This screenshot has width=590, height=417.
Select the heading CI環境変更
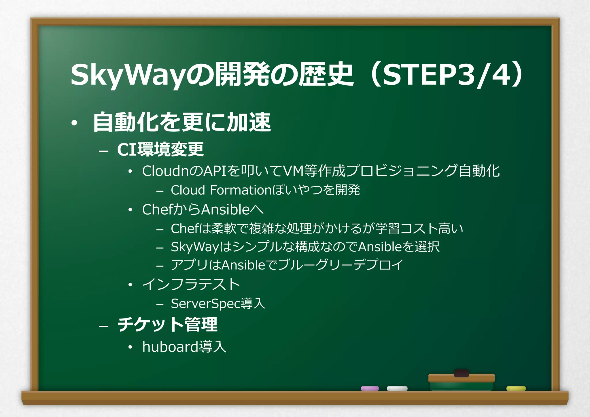pyautogui.click(x=160, y=149)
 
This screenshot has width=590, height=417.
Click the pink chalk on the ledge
pyautogui.click(x=370, y=388)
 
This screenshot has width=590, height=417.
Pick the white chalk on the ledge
pyautogui.click(x=397, y=388)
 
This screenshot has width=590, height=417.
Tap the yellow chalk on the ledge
pyautogui.click(x=516, y=388)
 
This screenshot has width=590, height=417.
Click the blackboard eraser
pyautogui.click(x=461, y=380)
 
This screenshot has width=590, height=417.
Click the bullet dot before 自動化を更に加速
pyautogui.click(x=74, y=123)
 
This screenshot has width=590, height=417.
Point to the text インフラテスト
pyautogui.click(x=191, y=284)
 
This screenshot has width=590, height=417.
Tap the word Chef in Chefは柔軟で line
pyautogui.click(x=184, y=229)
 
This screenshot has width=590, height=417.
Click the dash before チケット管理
pyautogui.click(x=103, y=326)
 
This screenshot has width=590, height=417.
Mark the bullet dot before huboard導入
pyautogui.click(x=131, y=347)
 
